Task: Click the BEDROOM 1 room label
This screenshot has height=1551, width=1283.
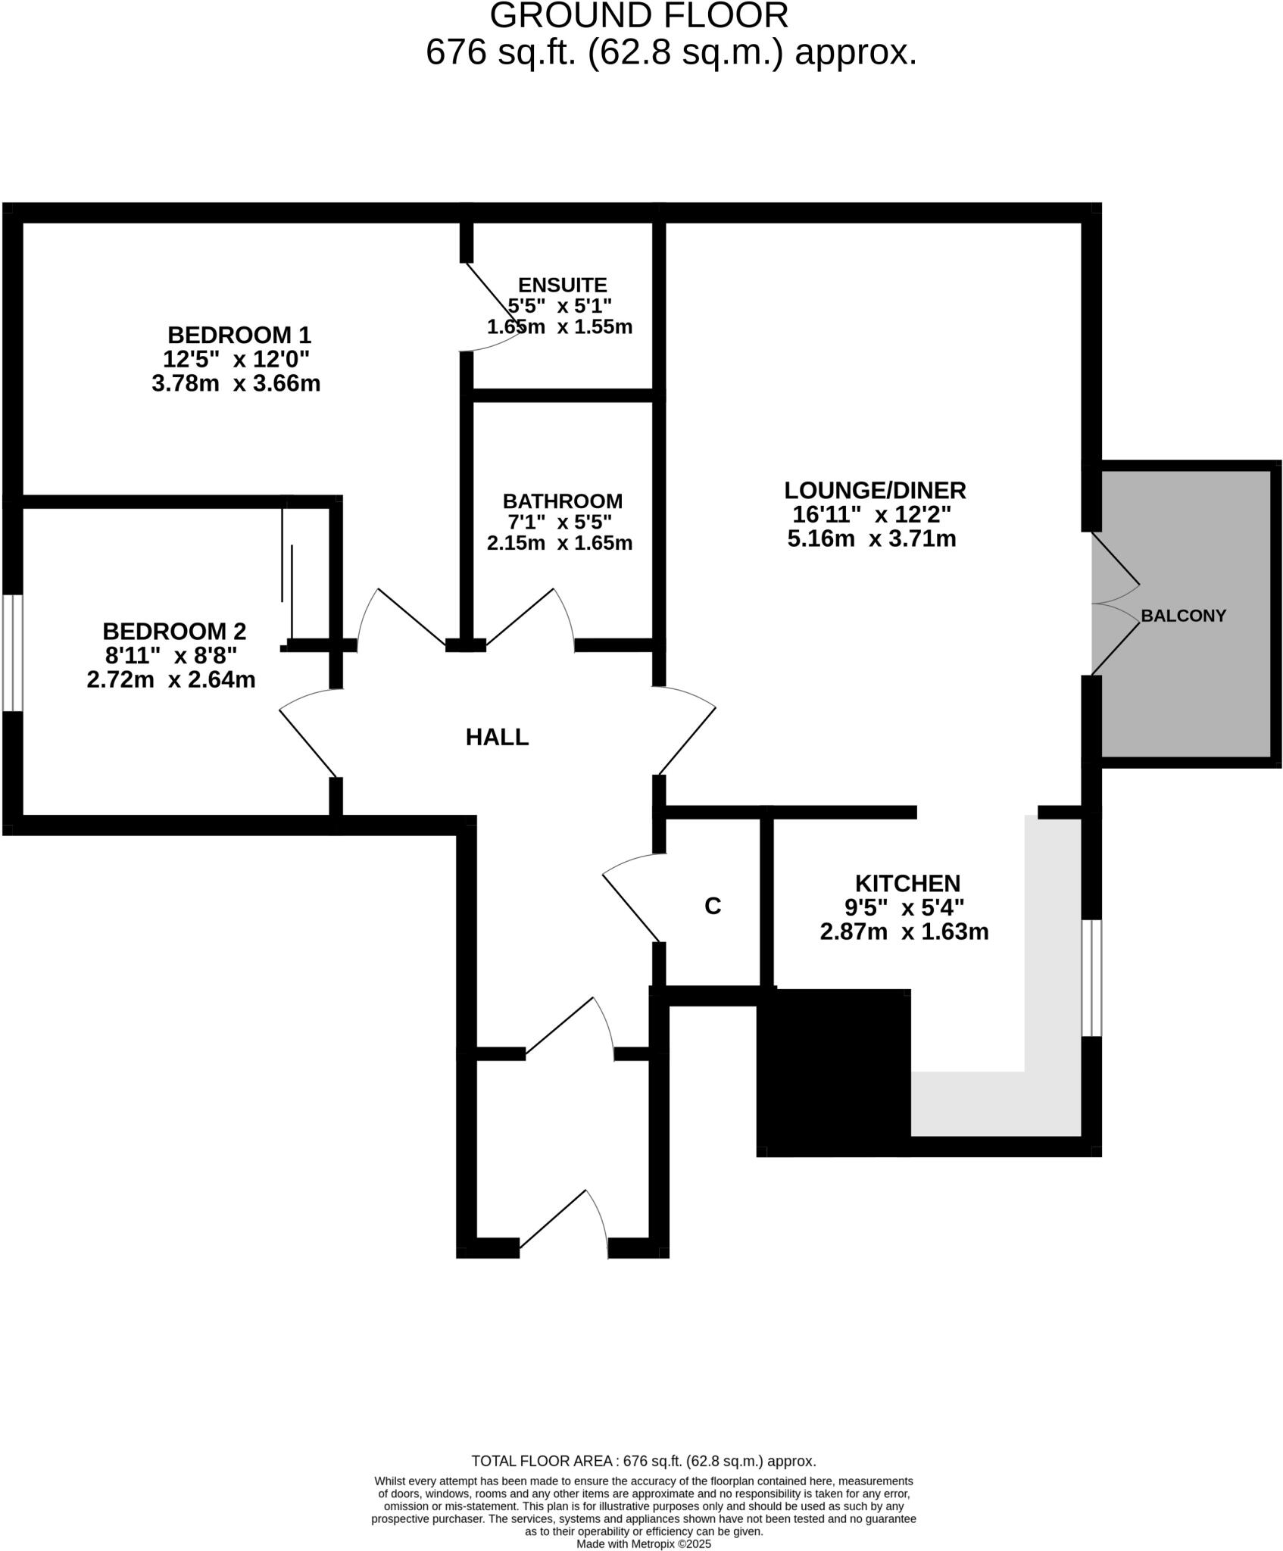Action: point(239,335)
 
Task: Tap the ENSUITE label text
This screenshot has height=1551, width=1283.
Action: point(562,286)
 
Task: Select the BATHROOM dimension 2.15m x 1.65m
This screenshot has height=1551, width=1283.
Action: point(559,543)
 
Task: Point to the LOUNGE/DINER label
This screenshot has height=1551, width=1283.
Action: point(875,490)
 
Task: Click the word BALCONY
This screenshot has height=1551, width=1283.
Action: point(1183,616)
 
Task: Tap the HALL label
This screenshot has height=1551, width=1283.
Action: point(497,737)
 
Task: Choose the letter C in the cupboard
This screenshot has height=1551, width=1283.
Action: point(713,906)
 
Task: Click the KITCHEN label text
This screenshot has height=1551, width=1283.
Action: point(907,883)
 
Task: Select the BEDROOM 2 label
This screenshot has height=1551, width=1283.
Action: point(174,631)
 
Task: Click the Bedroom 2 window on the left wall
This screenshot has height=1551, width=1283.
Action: point(12,653)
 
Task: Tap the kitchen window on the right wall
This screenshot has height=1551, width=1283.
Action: point(1091,978)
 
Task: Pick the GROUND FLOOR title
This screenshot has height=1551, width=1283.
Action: point(639,16)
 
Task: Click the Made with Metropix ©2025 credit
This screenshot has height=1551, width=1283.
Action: point(644,1543)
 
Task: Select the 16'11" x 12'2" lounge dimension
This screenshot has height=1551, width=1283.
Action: point(872,515)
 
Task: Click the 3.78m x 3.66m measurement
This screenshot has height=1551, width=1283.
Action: point(236,383)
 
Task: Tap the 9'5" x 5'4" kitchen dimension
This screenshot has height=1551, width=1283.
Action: point(904,907)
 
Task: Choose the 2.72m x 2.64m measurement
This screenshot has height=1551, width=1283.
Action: point(171,679)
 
